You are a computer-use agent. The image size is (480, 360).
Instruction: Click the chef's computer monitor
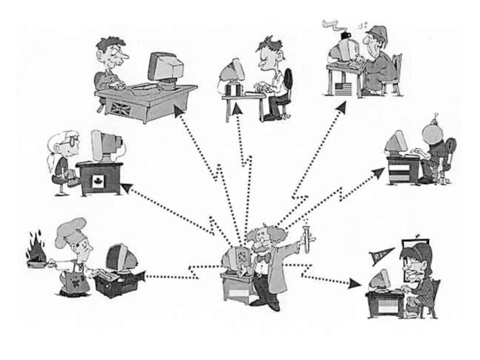(120, 257)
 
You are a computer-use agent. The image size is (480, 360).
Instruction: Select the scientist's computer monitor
(233, 259)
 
